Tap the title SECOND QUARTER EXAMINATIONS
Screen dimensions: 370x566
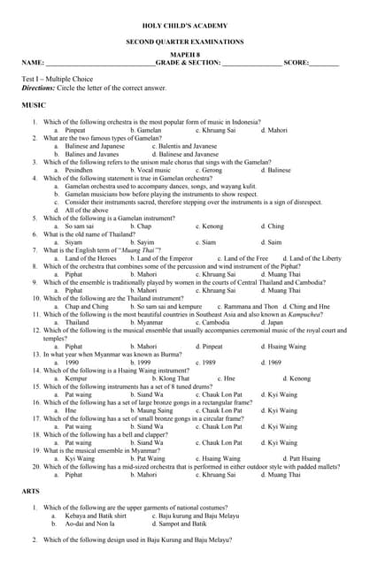185,42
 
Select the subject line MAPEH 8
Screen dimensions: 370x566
185,55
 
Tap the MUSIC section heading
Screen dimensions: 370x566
34,105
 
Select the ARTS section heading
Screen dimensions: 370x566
30,490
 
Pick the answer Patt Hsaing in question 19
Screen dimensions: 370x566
300,459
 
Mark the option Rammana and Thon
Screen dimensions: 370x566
238,306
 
